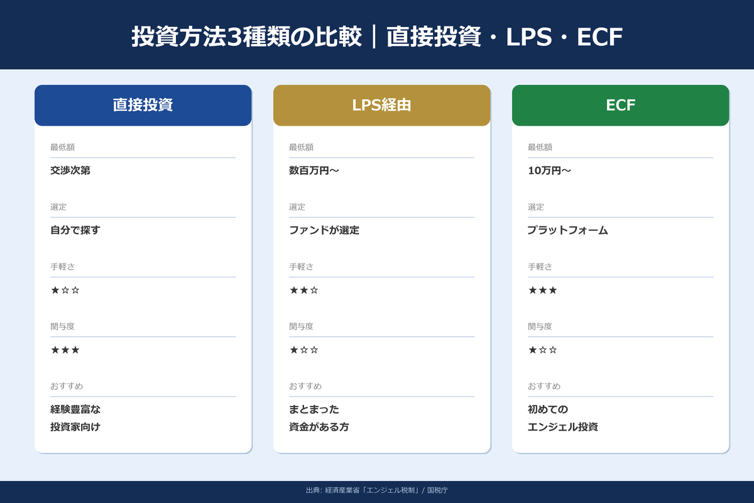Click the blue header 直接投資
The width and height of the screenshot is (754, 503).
143,105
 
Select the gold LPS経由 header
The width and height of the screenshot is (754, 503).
381,105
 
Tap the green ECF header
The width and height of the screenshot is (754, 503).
620,105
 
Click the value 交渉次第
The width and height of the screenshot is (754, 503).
70,170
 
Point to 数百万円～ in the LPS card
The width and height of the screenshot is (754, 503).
314,170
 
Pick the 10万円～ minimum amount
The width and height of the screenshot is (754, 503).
549,170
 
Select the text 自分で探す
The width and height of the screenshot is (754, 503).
75,230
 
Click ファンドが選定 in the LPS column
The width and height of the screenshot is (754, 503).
324,230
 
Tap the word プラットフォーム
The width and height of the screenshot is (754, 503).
568,230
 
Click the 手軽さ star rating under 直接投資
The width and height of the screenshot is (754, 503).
65,290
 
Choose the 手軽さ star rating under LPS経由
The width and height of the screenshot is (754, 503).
304,290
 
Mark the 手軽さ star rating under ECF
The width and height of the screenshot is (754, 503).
543,290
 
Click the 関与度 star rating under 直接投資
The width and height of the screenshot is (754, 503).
65,350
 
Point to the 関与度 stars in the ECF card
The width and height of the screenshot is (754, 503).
543,350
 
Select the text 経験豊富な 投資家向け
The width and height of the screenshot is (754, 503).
75,418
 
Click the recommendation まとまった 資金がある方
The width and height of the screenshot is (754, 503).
319,418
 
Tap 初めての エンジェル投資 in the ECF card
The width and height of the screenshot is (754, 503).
562,418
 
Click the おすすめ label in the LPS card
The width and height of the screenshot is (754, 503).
305,386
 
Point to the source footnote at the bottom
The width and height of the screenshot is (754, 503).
377,490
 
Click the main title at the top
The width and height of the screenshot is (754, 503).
377,36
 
